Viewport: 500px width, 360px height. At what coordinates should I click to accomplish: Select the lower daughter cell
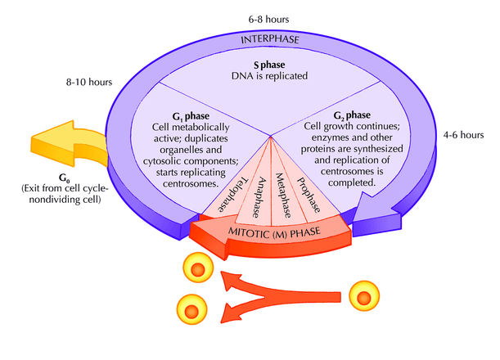(x=189, y=309)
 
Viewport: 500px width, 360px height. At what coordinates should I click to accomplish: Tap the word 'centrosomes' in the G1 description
(x=184, y=185)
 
